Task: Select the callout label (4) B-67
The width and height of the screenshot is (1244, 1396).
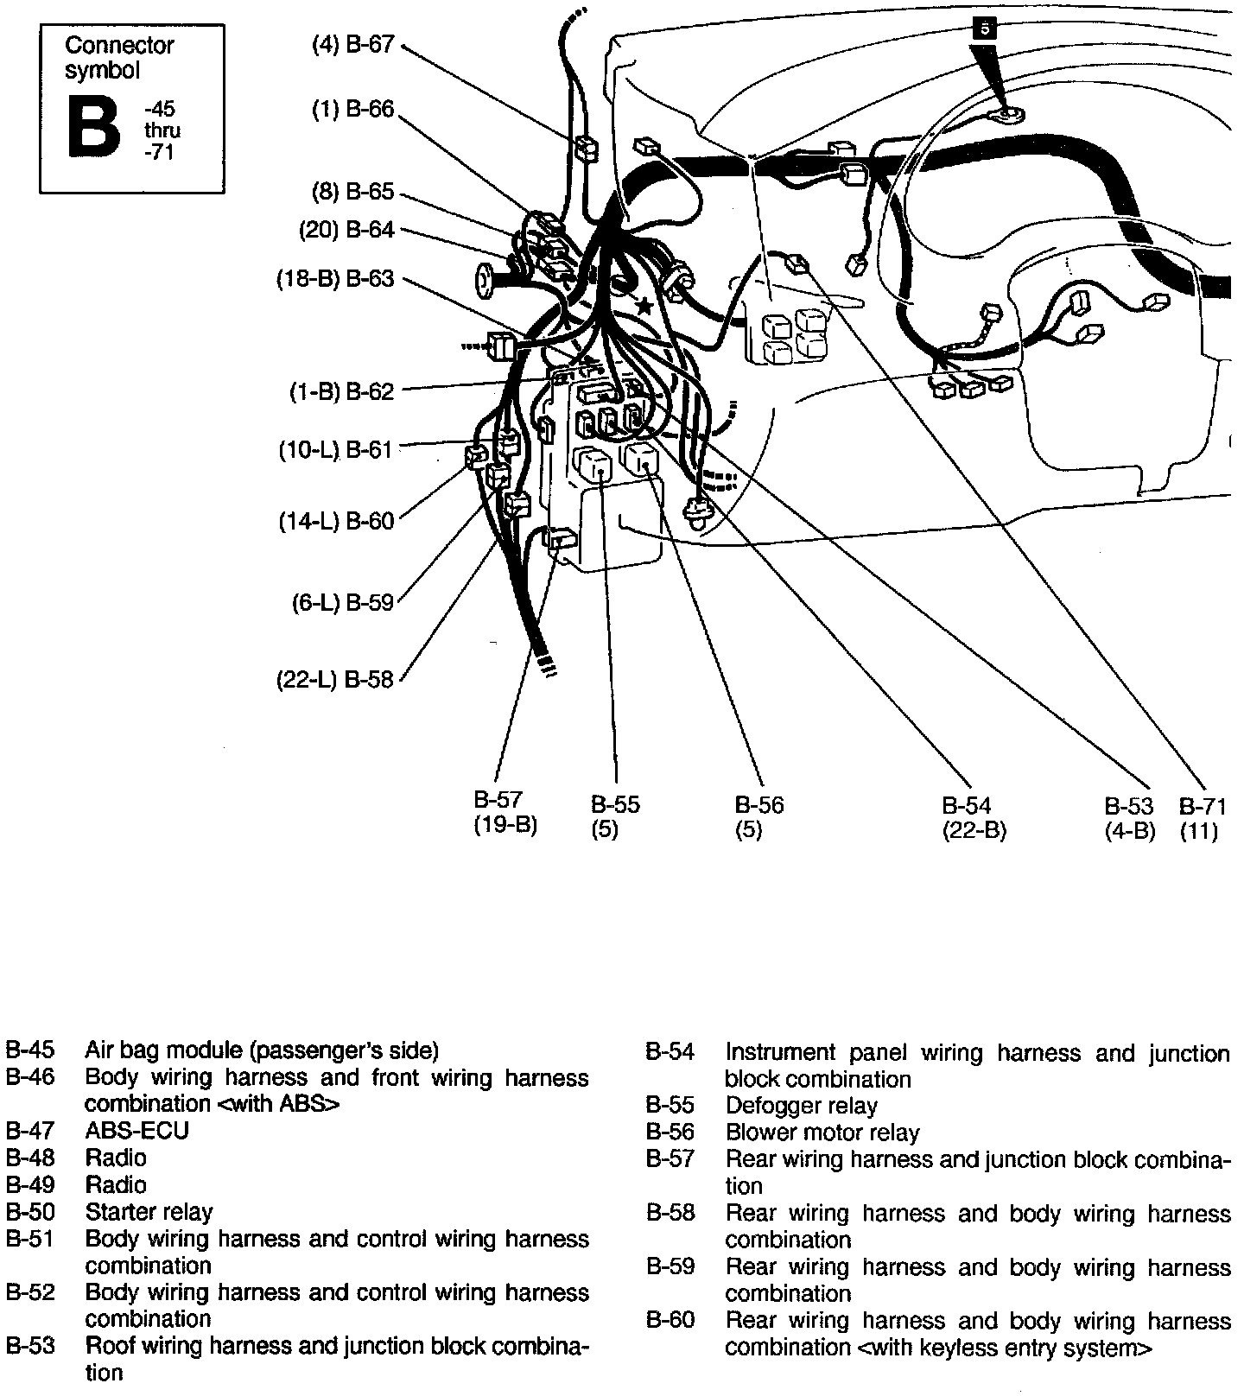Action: [352, 45]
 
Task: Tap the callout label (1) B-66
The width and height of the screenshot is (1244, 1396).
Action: [352, 110]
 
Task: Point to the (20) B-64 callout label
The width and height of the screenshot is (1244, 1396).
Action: [346, 230]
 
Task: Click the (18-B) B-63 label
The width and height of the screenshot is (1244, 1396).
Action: [335, 279]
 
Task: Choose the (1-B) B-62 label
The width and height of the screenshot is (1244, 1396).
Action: [341, 392]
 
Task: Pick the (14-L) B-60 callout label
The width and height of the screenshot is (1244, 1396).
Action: [336, 522]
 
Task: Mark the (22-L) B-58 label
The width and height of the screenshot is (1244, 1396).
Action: [335, 680]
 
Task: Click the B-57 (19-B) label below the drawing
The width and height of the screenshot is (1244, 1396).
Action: [505, 812]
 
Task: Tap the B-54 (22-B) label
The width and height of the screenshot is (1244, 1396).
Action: [974, 818]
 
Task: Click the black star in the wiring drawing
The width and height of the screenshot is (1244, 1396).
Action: [643, 305]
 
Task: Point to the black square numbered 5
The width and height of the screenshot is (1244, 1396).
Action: [984, 29]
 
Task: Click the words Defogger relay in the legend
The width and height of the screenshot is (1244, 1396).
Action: [801, 1106]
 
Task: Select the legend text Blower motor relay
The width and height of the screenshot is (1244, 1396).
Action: [822, 1133]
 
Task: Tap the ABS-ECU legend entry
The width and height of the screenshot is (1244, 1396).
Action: [136, 1130]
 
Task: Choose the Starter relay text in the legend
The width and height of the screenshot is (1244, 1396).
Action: [149, 1212]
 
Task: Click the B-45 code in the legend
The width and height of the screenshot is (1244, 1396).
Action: [29, 1050]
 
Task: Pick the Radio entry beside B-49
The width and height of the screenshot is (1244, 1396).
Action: [116, 1184]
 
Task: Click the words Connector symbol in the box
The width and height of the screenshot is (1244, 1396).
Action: [119, 57]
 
